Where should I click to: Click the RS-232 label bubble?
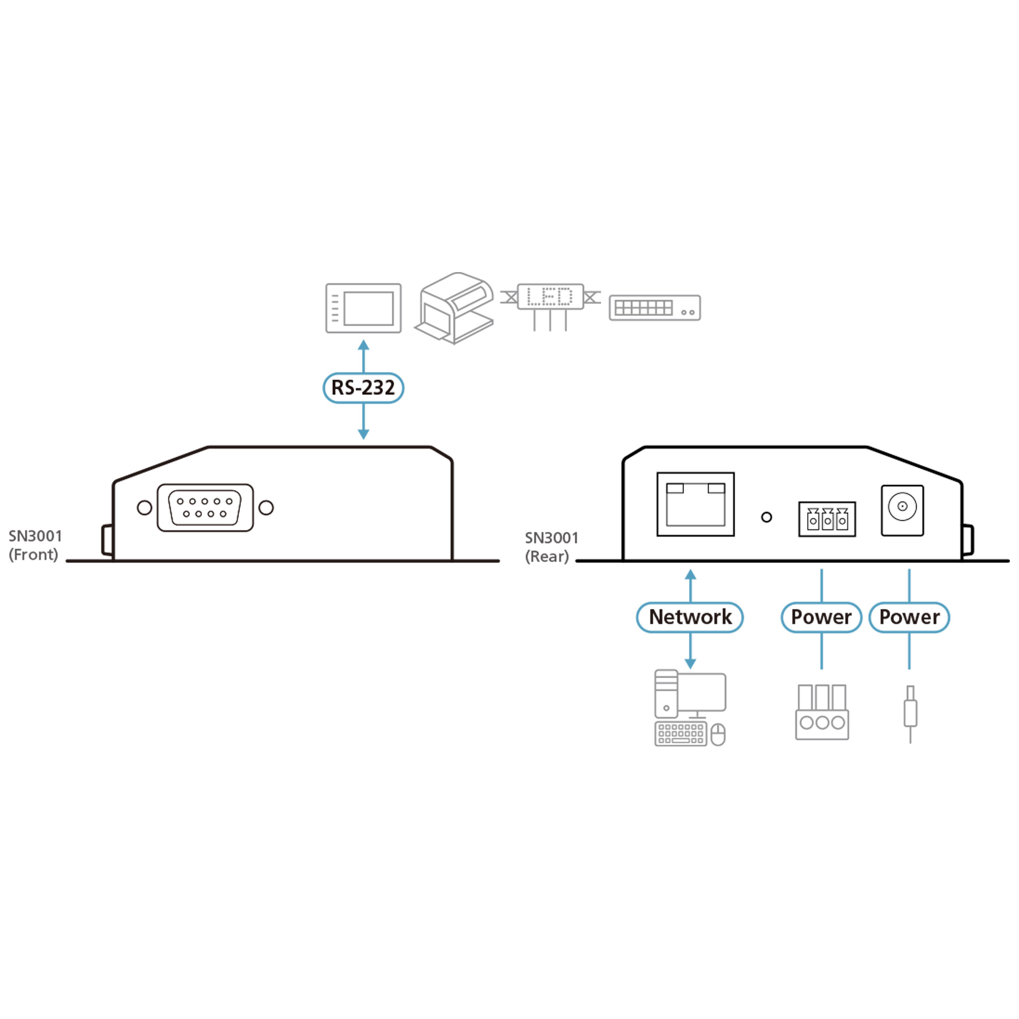[363, 388]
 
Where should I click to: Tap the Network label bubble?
[690, 616]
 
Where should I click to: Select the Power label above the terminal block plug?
[821, 616]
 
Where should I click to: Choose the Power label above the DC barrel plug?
[909, 616]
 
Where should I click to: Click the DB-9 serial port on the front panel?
[205, 507]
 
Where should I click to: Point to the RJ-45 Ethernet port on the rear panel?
[695, 504]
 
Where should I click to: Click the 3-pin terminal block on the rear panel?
[827, 520]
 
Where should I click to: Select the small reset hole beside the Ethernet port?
[766, 518]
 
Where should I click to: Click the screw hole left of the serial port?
[144, 507]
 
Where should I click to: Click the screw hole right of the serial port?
[266, 507]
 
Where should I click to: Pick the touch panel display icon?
[363, 308]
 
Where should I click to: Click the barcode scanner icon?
[455, 308]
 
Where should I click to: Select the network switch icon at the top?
[655, 308]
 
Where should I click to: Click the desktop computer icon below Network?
[690, 708]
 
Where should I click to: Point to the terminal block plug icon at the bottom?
[822, 712]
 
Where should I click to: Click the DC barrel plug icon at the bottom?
[910, 713]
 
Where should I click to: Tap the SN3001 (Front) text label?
[35, 545]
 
